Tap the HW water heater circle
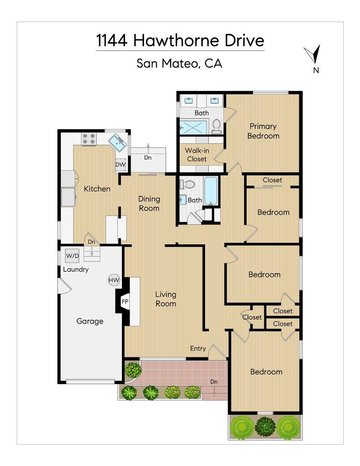114,280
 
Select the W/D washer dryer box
72,256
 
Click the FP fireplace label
125,302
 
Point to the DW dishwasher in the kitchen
120,165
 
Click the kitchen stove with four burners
89,139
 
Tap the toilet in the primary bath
216,125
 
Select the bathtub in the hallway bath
211,191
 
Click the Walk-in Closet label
196,154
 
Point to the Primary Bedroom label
263,131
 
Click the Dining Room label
149,203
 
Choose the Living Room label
166,299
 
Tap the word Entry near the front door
198,349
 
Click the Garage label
90,321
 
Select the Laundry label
76,270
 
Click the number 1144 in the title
112,41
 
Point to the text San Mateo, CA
179,63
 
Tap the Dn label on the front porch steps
214,382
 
